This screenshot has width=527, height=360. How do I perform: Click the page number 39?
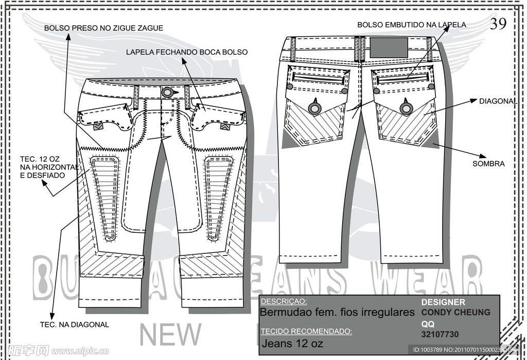tap(498, 24)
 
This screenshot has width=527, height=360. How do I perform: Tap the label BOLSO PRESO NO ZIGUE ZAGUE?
tap(103, 28)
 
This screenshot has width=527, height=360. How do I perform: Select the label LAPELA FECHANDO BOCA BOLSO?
tap(187, 52)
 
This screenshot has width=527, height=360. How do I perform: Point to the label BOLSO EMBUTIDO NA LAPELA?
tap(412, 24)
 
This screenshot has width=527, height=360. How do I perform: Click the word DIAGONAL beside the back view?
tap(498, 101)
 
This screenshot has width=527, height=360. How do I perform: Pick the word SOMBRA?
tap(488, 164)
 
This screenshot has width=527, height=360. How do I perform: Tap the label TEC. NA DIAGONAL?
tap(75, 324)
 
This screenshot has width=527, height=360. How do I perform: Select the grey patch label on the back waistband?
tap(390, 47)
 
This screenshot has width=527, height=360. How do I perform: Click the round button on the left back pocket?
tap(314, 108)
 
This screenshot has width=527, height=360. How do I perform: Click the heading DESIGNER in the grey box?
tap(443, 302)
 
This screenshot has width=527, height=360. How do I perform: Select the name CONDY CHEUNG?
tap(456, 312)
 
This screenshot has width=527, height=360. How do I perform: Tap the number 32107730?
tap(440, 335)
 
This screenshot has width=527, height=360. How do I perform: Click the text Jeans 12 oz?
tap(292, 343)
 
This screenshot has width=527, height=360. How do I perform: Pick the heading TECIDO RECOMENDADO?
tap(306, 331)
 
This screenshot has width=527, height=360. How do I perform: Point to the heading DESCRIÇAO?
tap(284, 301)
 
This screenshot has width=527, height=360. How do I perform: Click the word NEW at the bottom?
tap(171, 335)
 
